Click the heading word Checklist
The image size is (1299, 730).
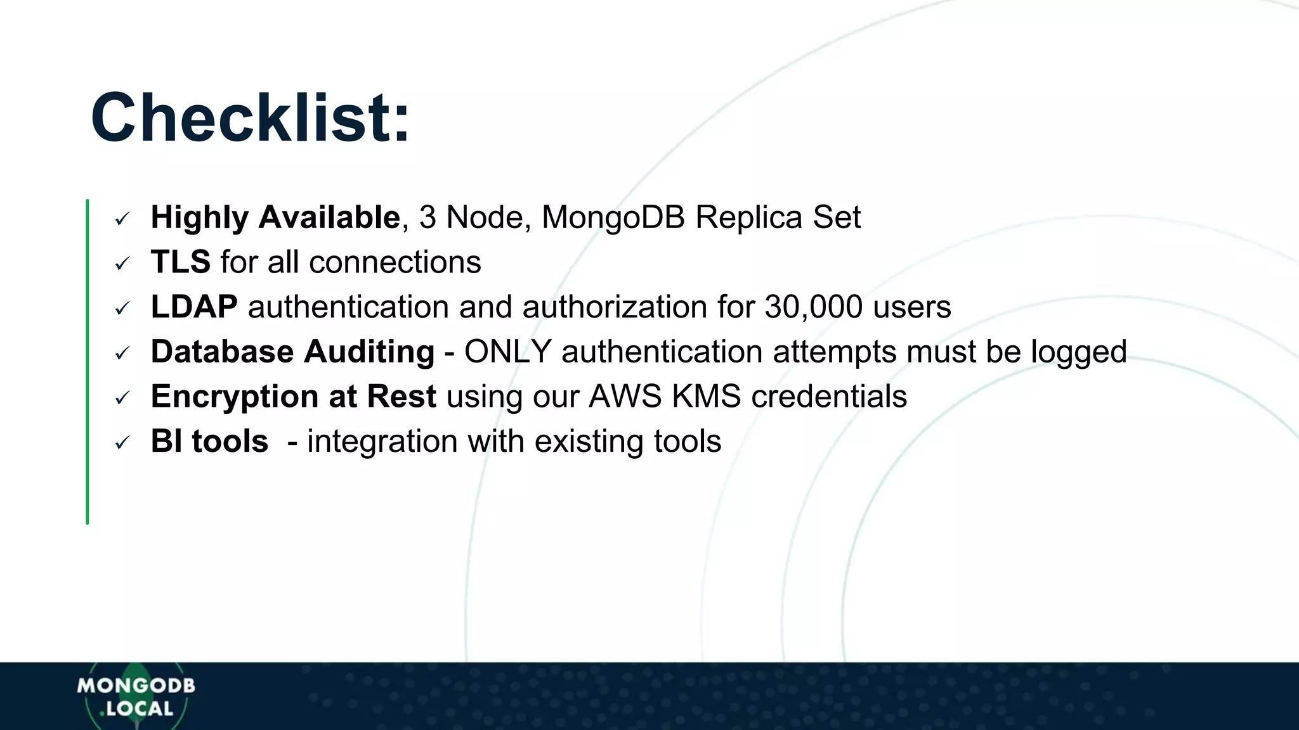[250, 118]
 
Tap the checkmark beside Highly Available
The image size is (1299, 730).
[122, 219]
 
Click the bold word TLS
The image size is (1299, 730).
[180, 262]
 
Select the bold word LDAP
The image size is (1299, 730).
[194, 307]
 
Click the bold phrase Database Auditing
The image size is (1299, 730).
[292, 352]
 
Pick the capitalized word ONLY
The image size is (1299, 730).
[507, 352]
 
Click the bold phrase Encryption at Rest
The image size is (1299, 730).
[293, 397]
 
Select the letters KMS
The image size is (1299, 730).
[706, 397]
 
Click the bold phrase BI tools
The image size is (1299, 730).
[209, 442]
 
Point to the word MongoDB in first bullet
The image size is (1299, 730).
[613, 218]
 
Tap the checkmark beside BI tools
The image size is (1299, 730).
[122, 443]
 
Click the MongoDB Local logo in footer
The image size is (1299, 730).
[136, 696]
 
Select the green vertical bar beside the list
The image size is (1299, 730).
[88, 361]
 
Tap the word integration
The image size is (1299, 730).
[382, 442]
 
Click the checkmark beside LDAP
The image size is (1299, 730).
[122, 309]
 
